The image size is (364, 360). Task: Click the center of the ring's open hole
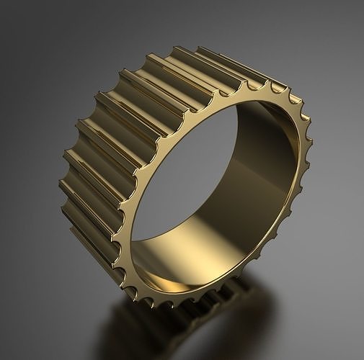tap(216, 187)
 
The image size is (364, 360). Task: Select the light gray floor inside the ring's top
tap(216, 144)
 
